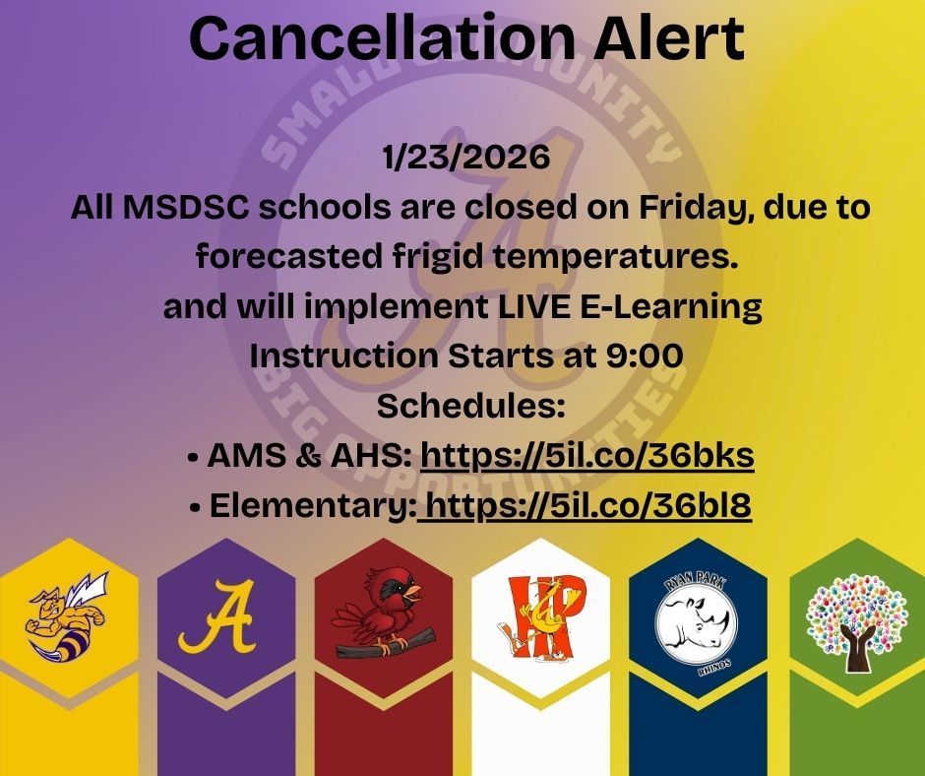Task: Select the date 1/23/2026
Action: [464, 158]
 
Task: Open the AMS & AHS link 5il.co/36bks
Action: [587, 456]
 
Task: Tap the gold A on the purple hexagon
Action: [217, 617]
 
